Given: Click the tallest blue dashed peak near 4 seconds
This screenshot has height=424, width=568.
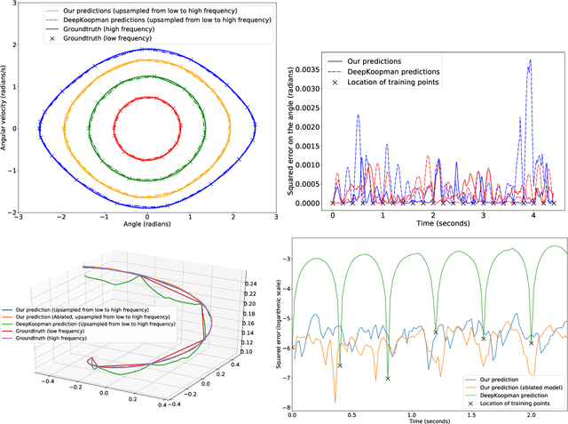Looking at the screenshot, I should tap(531, 60).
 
